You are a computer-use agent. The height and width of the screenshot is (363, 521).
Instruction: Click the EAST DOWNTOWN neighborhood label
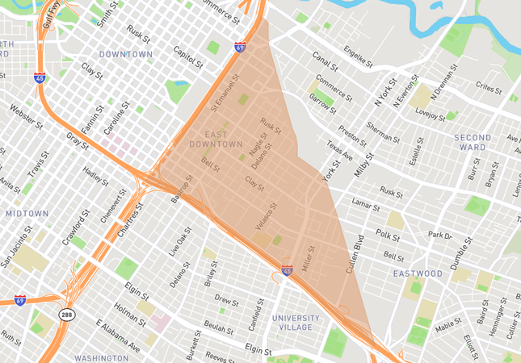click(x=216, y=139)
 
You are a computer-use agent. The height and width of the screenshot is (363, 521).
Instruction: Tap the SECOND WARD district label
click(x=473, y=142)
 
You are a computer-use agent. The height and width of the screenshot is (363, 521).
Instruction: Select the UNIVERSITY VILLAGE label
click(x=296, y=323)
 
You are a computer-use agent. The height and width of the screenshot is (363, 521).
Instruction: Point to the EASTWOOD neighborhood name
click(x=418, y=273)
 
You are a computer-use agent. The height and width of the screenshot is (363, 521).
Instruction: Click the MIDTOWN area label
click(x=27, y=214)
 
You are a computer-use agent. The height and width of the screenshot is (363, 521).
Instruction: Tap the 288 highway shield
click(x=67, y=314)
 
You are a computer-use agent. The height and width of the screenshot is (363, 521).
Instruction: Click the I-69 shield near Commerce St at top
click(x=240, y=47)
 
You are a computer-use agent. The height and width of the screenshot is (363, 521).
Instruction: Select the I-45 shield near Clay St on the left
click(x=40, y=78)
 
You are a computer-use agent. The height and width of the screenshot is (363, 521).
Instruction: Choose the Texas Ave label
click(x=340, y=149)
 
